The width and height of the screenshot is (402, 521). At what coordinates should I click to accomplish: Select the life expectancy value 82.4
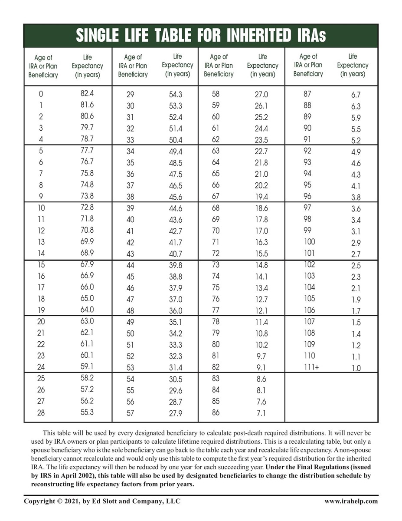(x=87, y=93)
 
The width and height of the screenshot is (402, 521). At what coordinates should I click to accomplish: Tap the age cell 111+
(x=310, y=367)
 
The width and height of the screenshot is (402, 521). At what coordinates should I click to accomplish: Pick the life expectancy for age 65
(x=261, y=174)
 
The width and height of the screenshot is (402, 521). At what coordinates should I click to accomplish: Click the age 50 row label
(x=130, y=333)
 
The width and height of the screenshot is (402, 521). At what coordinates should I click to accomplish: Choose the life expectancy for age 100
(x=356, y=243)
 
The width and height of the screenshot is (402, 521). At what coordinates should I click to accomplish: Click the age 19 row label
(x=41, y=310)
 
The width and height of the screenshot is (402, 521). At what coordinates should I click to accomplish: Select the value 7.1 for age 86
(x=261, y=413)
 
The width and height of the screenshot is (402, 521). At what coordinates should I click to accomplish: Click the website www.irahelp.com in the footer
(x=351, y=501)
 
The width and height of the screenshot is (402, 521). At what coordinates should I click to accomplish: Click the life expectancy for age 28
(x=87, y=412)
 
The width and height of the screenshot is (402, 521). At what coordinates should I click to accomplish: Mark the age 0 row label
(x=41, y=93)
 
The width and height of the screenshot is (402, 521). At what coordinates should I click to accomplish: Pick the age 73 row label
(x=216, y=265)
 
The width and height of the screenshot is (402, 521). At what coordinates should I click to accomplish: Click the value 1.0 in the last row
(x=356, y=368)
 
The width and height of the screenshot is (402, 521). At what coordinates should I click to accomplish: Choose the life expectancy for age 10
(x=87, y=208)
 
